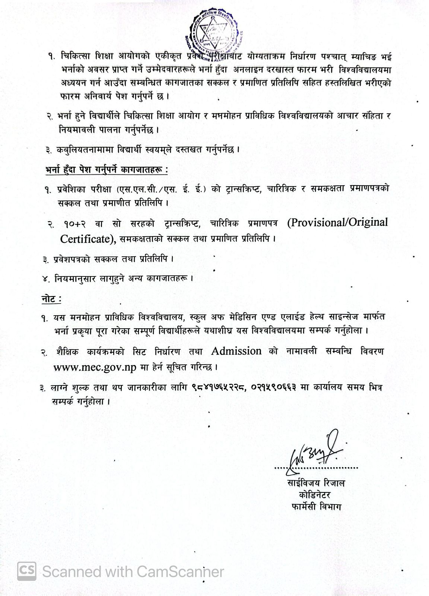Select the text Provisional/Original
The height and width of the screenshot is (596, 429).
(337, 223)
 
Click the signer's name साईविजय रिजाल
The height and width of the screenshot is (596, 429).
(314, 484)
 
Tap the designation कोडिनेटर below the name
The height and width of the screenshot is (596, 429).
(314, 495)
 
